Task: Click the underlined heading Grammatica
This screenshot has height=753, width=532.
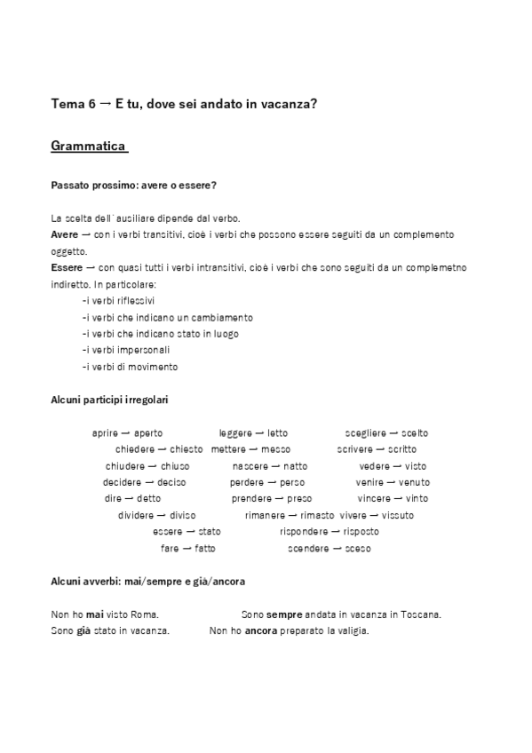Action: point(89,146)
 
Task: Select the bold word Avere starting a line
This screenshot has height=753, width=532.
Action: point(66,234)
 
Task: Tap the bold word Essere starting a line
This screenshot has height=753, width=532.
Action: point(68,267)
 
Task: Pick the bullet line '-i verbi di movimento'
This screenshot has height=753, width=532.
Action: point(130,366)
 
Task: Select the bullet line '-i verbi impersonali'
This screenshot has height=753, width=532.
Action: point(125,350)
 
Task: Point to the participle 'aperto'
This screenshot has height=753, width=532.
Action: point(148,433)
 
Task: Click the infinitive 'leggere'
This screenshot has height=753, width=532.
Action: point(235,433)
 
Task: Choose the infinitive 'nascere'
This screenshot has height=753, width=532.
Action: point(251,466)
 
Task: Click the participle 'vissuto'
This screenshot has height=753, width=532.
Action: point(398,515)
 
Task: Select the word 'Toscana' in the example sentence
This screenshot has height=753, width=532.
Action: point(421,614)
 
